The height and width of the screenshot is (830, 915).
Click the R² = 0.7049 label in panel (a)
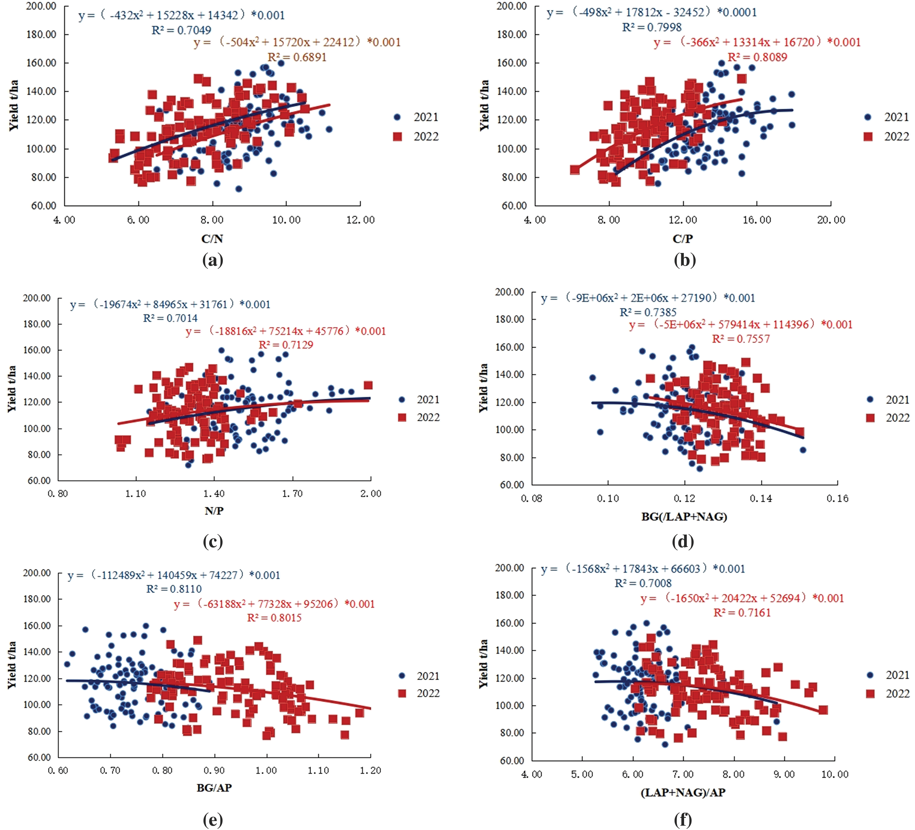181,30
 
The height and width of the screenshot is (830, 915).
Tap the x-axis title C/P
683,239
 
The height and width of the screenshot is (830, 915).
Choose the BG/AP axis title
214,788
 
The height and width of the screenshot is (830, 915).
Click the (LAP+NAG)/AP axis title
683,792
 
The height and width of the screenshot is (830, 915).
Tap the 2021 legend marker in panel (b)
868,117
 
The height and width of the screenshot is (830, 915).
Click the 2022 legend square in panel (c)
402,417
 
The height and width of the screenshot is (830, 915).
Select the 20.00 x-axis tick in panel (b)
831,220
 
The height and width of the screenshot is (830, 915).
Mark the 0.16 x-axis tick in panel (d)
837,498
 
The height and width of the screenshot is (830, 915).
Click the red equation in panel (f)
742,598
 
